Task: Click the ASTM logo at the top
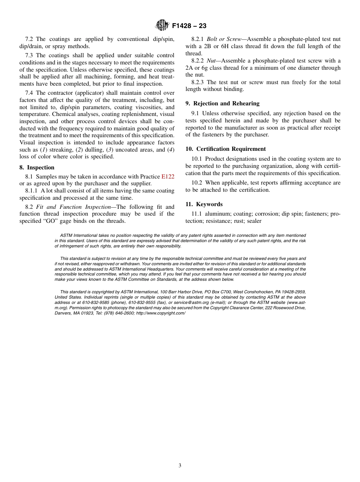(162, 25)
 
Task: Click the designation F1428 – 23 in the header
(189, 26)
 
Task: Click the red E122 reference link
(168, 177)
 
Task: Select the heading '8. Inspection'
(37, 167)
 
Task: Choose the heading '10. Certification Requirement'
(225, 149)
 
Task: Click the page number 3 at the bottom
(180, 465)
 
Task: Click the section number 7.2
(30, 39)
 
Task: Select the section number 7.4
(30, 93)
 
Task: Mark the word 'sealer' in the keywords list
(254, 221)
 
